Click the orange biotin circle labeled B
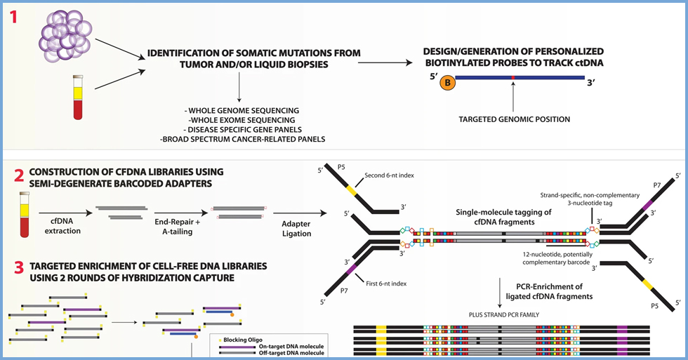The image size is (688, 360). pos(447,82)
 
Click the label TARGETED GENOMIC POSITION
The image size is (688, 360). pos(515,119)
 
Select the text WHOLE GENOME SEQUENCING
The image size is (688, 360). pos(240,111)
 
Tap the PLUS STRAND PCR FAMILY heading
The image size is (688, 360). pos(500,314)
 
